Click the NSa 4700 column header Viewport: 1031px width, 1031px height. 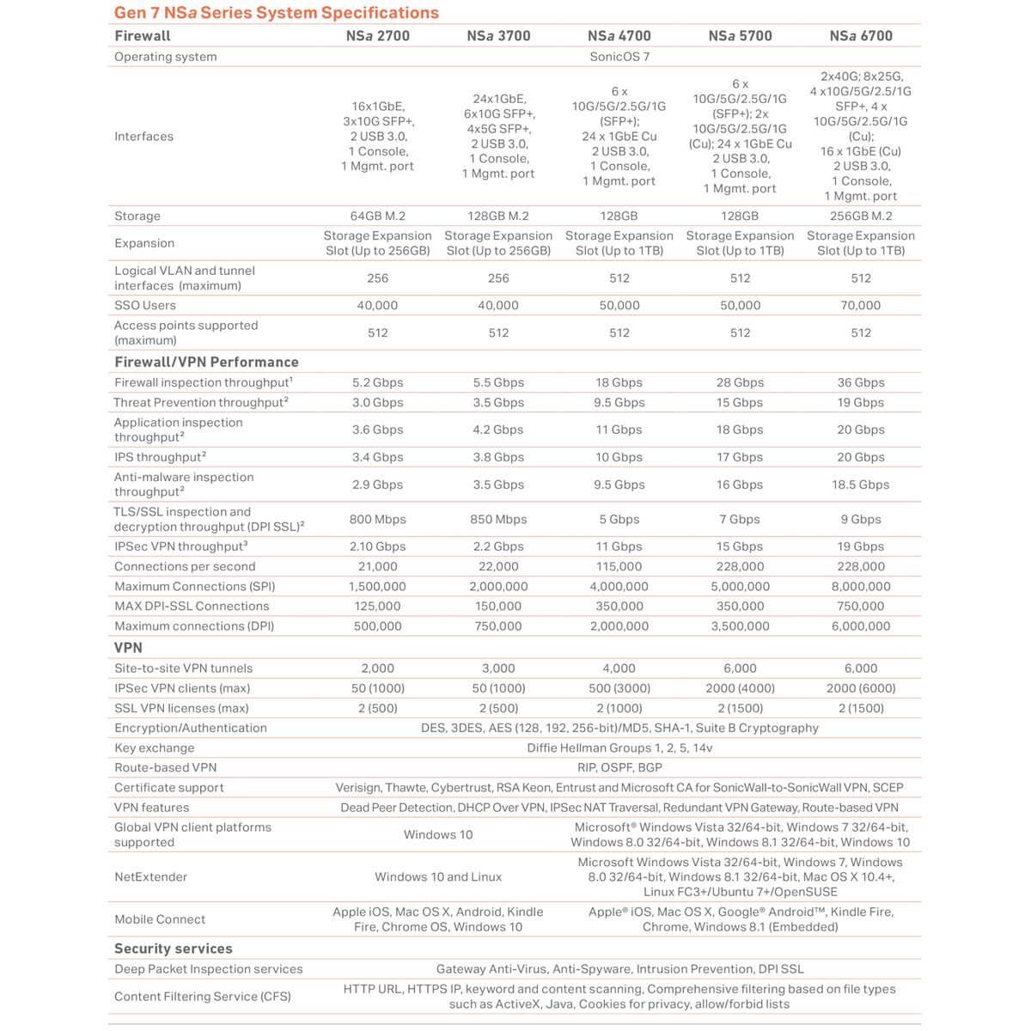pyautogui.click(x=619, y=36)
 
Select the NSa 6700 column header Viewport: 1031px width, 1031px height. pyautogui.click(x=860, y=36)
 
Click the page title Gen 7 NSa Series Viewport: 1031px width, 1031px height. pyautogui.click(x=276, y=13)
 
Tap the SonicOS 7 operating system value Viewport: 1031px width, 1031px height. pyautogui.click(x=619, y=57)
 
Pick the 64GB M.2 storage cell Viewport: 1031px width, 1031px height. pyautogui.click(x=377, y=217)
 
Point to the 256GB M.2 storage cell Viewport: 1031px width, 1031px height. pyautogui.click(x=860, y=217)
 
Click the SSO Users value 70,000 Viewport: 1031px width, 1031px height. pyautogui.click(x=860, y=306)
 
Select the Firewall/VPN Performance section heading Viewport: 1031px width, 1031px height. pyautogui.click(x=206, y=363)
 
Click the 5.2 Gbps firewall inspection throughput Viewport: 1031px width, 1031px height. pyautogui.click(x=377, y=383)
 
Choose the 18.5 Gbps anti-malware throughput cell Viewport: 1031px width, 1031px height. pyautogui.click(x=860, y=485)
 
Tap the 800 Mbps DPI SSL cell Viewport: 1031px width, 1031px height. pyautogui.click(x=377, y=520)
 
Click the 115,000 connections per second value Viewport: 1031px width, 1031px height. pyautogui.click(x=619, y=567)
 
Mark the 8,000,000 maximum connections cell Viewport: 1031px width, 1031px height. pyautogui.click(x=860, y=587)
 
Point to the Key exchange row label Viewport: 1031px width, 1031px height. pyautogui.click(x=155, y=748)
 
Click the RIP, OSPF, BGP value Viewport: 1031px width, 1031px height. pyautogui.click(x=619, y=768)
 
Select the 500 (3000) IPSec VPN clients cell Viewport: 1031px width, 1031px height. pyautogui.click(x=619, y=688)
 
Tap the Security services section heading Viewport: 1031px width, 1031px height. pyautogui.click(x=174, y=949)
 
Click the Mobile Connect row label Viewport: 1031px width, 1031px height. pyautogui.click(x=160, y=919)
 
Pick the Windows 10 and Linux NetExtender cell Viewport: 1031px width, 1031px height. pyautogui.click(x=438, y=877)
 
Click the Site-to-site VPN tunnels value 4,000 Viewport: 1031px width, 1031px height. pyautogui.click(x=619, y=668)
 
